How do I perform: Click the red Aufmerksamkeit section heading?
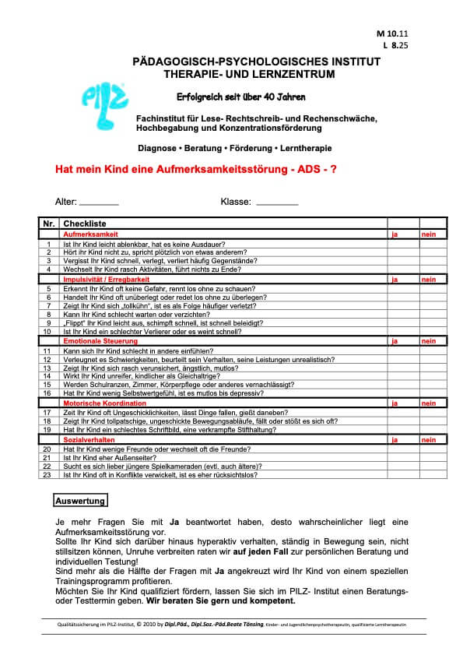91,234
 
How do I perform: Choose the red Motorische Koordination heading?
102,403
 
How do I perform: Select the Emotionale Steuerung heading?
100,341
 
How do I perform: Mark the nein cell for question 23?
433,474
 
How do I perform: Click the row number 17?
48,412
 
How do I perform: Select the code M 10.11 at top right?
397,35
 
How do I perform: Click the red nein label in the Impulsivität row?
429,279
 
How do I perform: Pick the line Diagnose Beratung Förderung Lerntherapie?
234,147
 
